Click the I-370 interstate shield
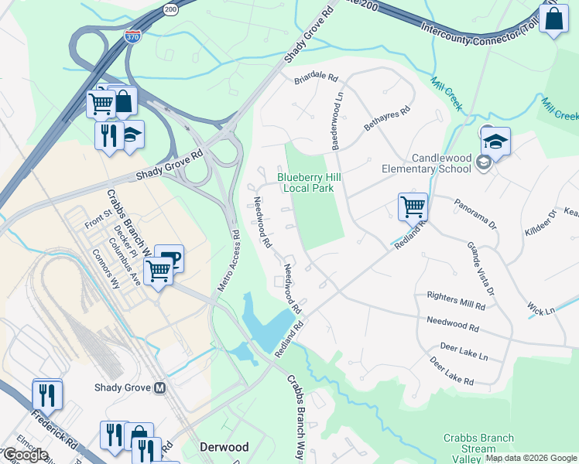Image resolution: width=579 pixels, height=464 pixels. pos(133,38)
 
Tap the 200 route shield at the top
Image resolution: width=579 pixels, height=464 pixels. pos(170,9)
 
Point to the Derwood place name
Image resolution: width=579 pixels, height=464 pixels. pos(224,447)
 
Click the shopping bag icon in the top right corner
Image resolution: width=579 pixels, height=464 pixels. pos(554,19)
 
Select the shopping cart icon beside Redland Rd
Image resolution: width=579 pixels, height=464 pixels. pos(413,206)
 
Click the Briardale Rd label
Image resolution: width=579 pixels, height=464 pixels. pos(316,78)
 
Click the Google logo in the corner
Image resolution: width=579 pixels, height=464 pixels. pos(26,455)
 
